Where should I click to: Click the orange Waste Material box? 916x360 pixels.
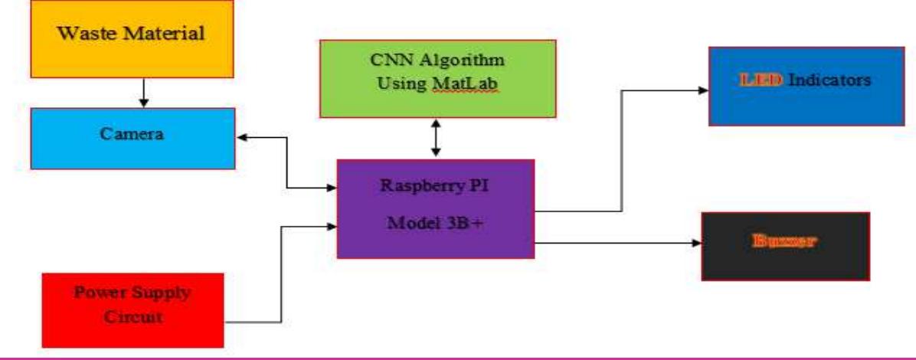coord(132,38)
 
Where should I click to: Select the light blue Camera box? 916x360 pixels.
coord(132,138)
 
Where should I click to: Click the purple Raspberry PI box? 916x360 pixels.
coord(435,208)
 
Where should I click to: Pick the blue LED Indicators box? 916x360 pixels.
coord(806,85)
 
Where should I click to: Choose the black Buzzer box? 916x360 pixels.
coord(785,246)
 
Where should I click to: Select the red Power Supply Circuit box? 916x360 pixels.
coord(132,309)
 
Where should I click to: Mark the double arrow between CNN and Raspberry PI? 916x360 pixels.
coord(436,139)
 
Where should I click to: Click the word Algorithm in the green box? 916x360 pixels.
coord(466,61)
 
